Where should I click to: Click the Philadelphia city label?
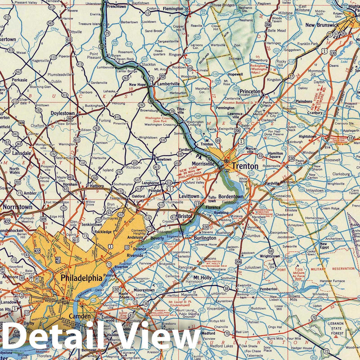click(x=80, y=277)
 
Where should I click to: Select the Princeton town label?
click(x=250, y=92)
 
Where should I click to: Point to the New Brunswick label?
click(x=322, y=25)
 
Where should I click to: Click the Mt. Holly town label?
click(x=203, y=277)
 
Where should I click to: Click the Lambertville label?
click(x=168, y=84)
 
